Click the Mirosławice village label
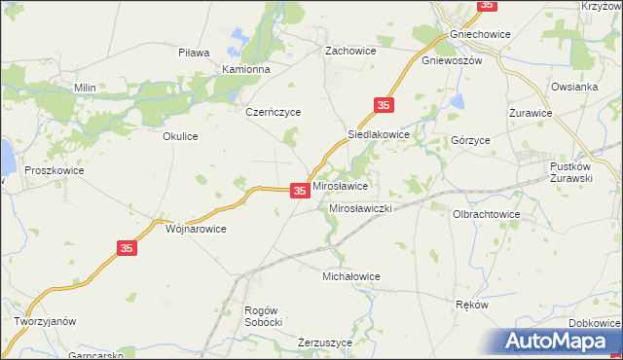pyautogui.click(x=340, y=185)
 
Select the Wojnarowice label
pyautogui.click(x=197, y=230)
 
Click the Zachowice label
pyautogui.click(x=350, y=51)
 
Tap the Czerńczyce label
pyautogui.click(x=273, y=112)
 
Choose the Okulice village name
pyautogui.click(x=180, y=136)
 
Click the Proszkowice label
pyautogui.click(x=55, y=170)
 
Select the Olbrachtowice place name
pyautogui.click(x=488, y=213)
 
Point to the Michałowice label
pyautogui.click(x=351, y=276)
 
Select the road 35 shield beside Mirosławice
pyautogui.click(x=300, y=192)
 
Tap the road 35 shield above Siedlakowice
pyautogui.click(x=385, y=105)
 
